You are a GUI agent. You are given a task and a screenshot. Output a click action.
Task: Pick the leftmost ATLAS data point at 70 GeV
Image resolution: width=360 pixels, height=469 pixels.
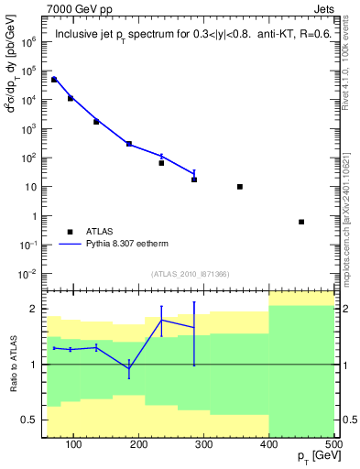point(54,80)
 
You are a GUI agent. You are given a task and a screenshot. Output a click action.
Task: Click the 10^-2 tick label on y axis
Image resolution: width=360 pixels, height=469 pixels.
point(27,275)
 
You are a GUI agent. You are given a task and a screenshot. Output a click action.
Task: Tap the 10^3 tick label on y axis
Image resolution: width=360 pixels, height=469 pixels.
point(28,129)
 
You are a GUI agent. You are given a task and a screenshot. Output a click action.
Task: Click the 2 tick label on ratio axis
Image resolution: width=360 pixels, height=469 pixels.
point(33,309)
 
